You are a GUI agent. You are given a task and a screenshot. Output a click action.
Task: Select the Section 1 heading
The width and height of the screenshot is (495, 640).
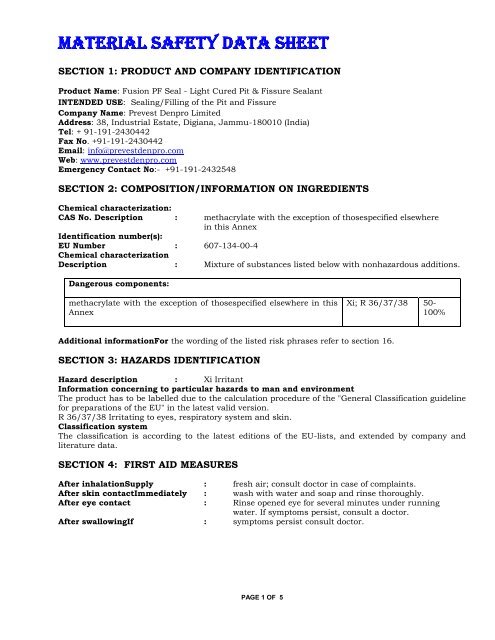click(x=201, y=71)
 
